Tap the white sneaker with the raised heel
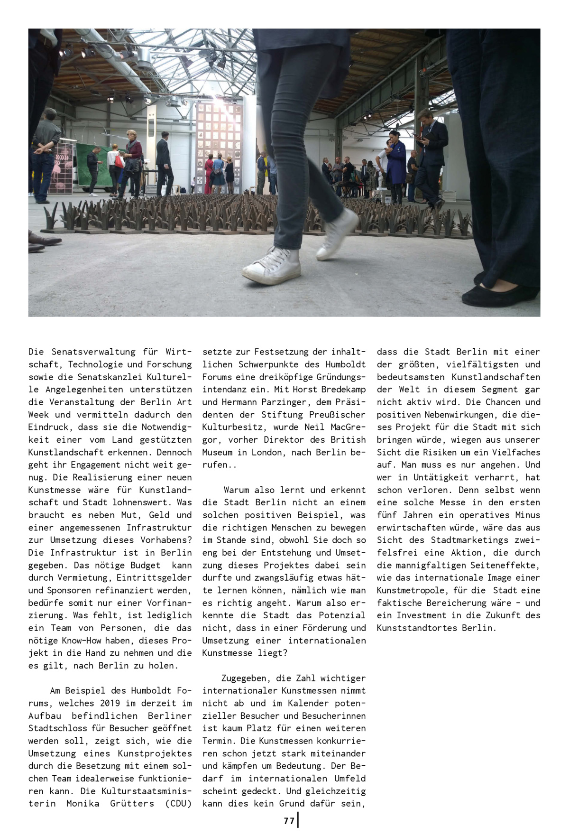click(338, 234)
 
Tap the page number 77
click(289, 820)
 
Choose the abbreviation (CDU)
click(178, 804)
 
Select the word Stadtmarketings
click(469, 540)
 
